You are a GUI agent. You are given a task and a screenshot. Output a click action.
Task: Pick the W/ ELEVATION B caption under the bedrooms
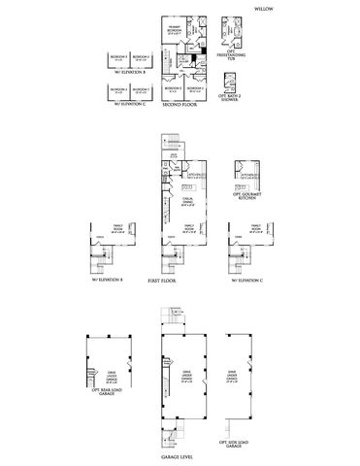pyautogui.click(x=129, y=72)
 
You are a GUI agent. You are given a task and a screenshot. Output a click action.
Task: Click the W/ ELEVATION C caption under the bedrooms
pyautogui.click(x=129, y=102)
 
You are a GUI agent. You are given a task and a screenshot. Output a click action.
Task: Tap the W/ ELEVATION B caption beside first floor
pyautogui.click(x=108, y=285)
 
